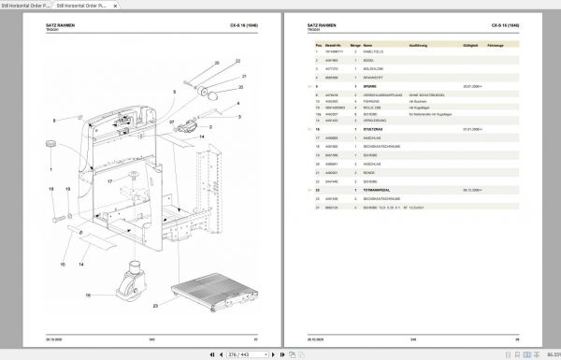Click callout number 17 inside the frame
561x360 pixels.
tap(108, 180)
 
